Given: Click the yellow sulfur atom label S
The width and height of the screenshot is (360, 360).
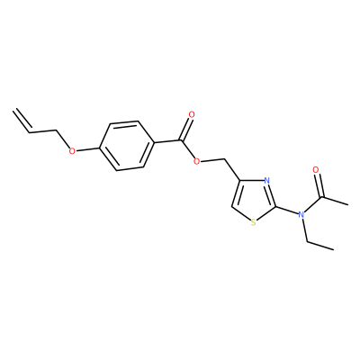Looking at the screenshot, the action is [254, 222].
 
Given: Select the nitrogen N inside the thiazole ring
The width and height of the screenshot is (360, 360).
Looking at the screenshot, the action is [266, 181].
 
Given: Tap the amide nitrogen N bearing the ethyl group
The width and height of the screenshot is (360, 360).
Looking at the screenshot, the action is [301, 214].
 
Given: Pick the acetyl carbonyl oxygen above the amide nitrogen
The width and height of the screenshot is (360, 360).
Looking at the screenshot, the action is [315, 170].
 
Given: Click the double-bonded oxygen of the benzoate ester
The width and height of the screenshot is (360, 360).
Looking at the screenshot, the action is [192, 114].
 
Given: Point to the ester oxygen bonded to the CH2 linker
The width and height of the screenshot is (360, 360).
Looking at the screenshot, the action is [197, 162].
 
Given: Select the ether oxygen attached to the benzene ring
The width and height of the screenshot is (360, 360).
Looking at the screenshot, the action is [72, 150].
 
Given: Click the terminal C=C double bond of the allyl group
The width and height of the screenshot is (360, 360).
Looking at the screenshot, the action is [22, 121].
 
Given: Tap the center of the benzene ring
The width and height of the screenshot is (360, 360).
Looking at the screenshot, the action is [127, 146].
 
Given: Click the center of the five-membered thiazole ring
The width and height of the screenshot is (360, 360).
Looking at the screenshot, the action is [256, 201].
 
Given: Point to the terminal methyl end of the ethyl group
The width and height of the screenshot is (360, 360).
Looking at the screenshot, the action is [333, 249].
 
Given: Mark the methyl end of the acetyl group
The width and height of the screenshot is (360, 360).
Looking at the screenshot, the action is [347, 205].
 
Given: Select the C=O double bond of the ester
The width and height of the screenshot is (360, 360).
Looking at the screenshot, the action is [185, 130].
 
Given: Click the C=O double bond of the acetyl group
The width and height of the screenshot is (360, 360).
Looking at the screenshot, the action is [319, 185].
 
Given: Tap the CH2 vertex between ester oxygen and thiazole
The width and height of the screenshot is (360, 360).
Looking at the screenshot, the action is [224, 158].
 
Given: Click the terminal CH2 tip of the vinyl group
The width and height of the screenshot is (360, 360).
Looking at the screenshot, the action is [13, 111].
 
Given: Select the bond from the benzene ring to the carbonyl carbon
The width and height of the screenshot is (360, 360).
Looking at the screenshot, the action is [167, 141].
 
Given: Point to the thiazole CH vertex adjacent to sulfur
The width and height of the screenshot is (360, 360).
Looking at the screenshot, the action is [232, 207].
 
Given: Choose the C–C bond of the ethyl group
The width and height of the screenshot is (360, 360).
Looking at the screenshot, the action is [320, 246].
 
